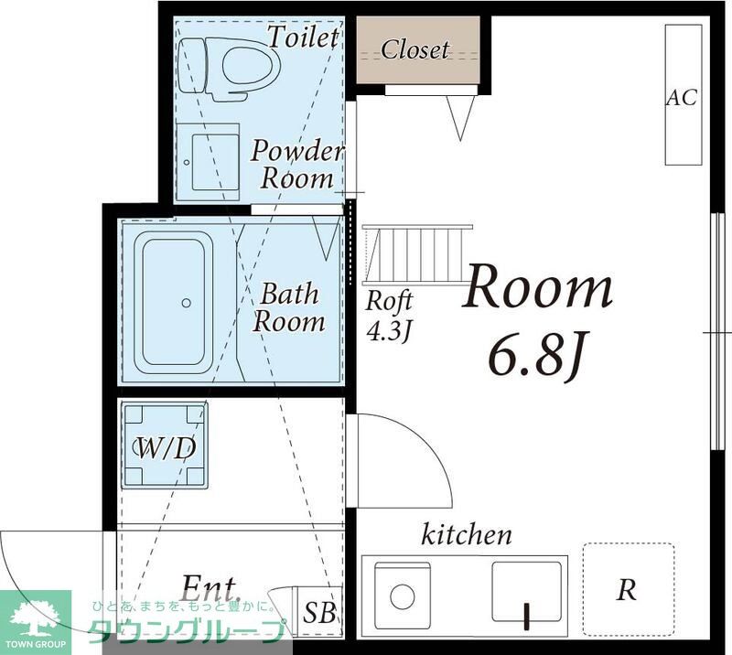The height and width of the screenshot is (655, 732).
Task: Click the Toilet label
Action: coord(304,38)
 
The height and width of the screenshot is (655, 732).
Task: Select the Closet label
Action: coord(415,49)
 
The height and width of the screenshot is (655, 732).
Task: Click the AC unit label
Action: coord(682,98)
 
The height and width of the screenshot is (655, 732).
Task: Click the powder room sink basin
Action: coord(215,162)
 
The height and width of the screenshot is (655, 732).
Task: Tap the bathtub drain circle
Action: coord(187,303)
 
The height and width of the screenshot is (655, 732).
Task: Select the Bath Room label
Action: coord(289,307)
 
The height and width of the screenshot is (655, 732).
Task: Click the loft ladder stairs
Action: coord(417,254)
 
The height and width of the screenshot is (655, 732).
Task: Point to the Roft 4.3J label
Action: coord(389,316)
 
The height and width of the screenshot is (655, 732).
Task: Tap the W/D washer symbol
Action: coord(165,446)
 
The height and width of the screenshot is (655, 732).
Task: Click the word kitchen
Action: coord(467,535)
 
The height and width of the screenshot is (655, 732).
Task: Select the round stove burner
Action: coord(403,597)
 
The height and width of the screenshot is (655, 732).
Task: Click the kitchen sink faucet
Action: coord(528,617)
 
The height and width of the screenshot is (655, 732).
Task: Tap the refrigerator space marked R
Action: coord(628,590)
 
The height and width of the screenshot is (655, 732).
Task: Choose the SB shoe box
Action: coord(319,612)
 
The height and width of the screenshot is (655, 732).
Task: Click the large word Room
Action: coord(538,285)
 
